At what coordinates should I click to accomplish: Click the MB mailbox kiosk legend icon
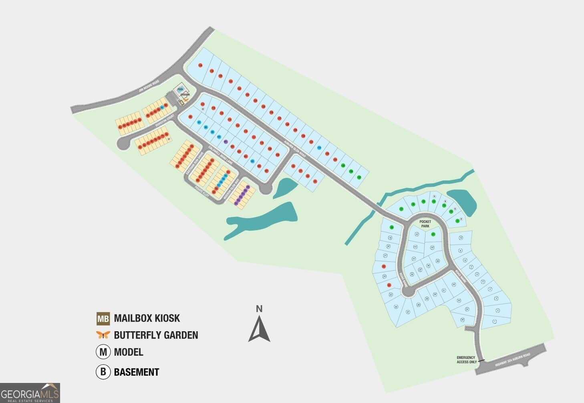(103, 319)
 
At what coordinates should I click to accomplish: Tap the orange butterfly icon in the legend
(103, 335)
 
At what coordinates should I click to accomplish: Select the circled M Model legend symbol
(103, 352)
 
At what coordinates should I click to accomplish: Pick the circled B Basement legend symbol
(103, 372)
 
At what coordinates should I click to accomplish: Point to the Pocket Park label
(425, 224)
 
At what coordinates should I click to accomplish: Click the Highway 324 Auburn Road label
(512, 360)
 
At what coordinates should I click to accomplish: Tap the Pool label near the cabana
(180, 89)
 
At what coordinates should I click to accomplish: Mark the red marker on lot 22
(384, 266)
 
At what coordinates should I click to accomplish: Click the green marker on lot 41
(433, 234)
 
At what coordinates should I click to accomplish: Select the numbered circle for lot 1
(495, 321)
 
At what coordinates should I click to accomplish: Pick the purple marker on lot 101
(226, 142)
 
